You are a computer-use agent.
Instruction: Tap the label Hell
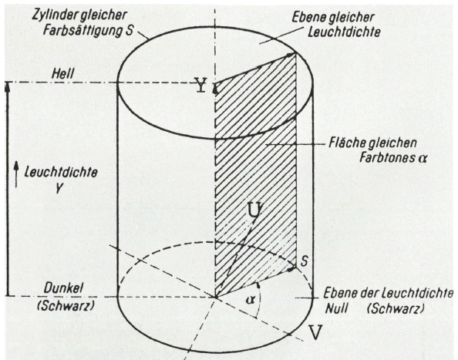(x=62, y=74)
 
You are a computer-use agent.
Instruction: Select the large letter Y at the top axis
(x=201, y=86)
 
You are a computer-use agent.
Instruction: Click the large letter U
(x=254, y=210)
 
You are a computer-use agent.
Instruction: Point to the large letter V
(x=315, y=332)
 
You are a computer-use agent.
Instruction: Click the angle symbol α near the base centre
(x=249, y=300)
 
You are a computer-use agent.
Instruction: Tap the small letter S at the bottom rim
(x=304, y=261)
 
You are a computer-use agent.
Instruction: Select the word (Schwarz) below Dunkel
(x=66, y=306)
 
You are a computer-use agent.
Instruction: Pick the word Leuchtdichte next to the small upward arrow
(x=61, y=173)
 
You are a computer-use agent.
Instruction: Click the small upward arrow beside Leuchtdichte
(x=16, y=175)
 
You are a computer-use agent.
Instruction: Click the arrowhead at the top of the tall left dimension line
(x=8, y=87)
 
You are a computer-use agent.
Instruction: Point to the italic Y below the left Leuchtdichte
(x=59, y=189)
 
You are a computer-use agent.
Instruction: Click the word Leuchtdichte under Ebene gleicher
(x=344, y=32)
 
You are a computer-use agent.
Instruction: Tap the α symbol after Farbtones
(x=423, y=159)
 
